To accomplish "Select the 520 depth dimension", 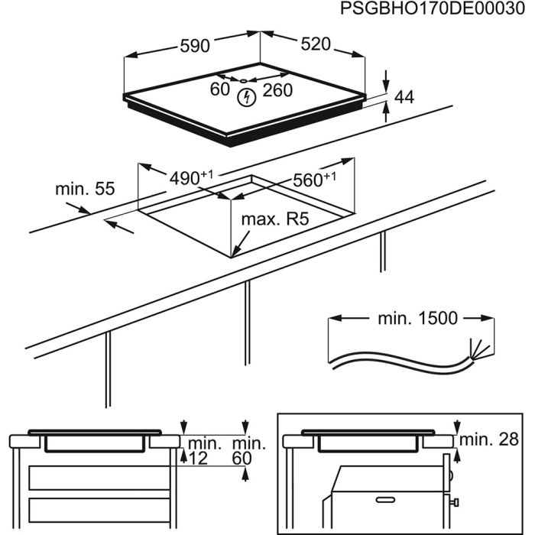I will [315, 44].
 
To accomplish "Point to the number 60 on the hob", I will [220, 90].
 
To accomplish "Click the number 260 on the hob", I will [277, 90].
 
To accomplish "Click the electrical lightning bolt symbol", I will [247, 97].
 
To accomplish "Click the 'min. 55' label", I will [84, 189].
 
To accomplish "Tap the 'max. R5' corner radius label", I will [274, 220].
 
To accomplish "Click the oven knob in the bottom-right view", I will [456, 502].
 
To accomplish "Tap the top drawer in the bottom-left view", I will [96, 479].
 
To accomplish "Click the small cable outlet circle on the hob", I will [242, 79].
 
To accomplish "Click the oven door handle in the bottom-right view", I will [384, 500].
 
